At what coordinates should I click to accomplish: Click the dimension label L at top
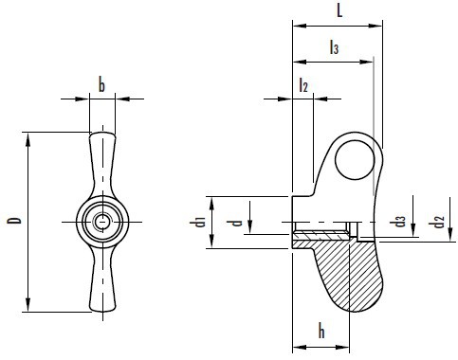tap(339, 11)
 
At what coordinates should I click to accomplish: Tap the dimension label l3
tap(334, 47)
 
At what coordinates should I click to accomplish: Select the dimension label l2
tap(303, 84)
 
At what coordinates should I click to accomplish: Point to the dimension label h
tap(321, 331)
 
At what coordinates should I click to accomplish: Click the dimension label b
tap(101, 84)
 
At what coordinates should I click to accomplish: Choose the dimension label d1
tap(198, 222)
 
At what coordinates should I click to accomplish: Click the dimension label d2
tap(436, 221)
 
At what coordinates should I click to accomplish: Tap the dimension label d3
tap(397, 222)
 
